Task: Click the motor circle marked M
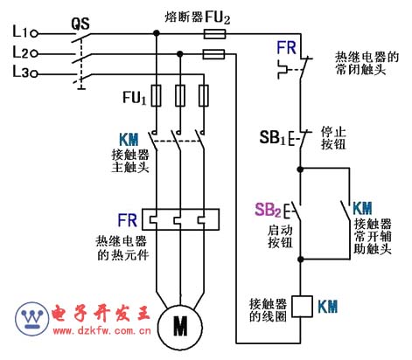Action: [180, 327]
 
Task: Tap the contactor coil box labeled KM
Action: [303, 307]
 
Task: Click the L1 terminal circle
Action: [34, 34]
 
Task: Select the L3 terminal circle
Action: [34, 74]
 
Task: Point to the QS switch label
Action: [80, 24]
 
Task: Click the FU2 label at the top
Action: [218, 17]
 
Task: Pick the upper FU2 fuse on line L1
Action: [214, 34]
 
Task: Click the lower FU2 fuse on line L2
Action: [213, 54]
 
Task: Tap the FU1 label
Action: [134, 98]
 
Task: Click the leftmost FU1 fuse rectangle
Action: [157, 95]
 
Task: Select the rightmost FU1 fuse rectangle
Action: [204, 95]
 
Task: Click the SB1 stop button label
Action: [272, 137]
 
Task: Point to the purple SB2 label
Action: [268, 210]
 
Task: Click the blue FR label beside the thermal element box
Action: [127, 220]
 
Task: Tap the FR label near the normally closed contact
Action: [286, 48]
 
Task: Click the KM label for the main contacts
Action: [129, 140]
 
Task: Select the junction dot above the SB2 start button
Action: [300, 169]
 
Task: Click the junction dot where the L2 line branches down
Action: [180, 54]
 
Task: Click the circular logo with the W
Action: [32, 319]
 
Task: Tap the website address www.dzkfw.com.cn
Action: [102, 330]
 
